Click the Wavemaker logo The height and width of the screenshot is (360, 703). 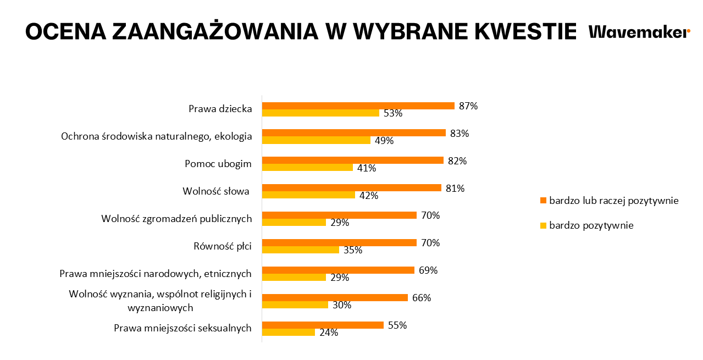[639, 32]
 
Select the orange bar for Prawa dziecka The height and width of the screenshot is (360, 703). [358, 106]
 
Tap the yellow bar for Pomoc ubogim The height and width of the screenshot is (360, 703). [307, 168]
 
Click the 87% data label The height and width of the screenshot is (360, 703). [468, 106]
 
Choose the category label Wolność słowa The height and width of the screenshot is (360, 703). [216, 191]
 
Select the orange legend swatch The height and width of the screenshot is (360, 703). [544, 201]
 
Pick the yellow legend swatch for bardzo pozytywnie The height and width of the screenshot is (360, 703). [544, 225]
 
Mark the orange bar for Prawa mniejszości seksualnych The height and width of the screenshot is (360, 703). [323, 325]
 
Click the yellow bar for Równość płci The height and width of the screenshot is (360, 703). [300, 250]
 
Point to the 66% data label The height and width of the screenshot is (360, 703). [422, 298]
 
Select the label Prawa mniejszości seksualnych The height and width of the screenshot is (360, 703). [182, 329]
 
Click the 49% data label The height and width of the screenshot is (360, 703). [384, 140]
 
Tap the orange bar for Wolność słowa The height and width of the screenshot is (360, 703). [351, 188]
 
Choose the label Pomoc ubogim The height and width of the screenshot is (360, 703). [218, 164]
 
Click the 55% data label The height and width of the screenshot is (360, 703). [397, 325]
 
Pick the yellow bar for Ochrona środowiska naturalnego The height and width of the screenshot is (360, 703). [316, 140]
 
